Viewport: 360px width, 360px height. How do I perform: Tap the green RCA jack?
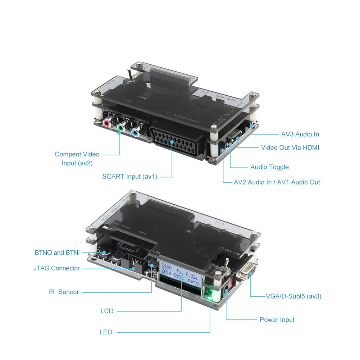[x=122, y=128]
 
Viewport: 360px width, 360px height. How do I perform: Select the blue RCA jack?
[x=136, y=132]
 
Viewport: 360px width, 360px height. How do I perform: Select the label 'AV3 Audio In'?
[x=300, y=134]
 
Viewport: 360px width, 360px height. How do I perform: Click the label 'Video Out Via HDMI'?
[x=290, y=147]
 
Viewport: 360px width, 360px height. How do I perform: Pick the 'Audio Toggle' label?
[x=269, y=167]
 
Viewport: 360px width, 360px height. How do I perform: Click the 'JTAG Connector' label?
[x=56, y=268]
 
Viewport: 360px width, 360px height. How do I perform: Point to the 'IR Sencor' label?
[x=64, y=292]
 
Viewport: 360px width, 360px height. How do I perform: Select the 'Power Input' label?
[x=277, y=319]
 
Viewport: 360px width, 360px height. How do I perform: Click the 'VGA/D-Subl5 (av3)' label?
[x=293, y=296]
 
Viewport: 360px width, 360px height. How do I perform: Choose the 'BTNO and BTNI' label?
[x=57, y=252]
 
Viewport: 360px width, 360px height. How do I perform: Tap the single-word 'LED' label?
[x=106, y=332]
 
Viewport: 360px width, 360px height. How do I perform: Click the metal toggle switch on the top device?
[x=128, y=76]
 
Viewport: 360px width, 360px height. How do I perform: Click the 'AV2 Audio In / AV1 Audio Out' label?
[x=277, y=182]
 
